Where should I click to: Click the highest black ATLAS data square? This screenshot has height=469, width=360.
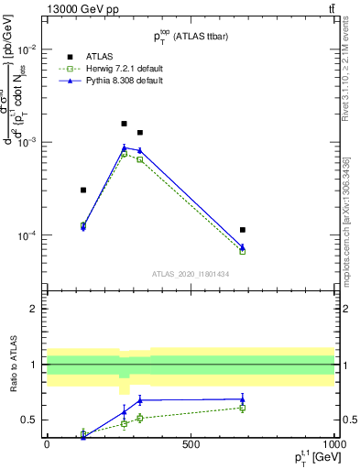point(125,124)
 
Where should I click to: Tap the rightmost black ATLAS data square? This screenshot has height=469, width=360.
point(242,230)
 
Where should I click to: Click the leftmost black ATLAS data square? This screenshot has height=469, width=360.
point(83,191)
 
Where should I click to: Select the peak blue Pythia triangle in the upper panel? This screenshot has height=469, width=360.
point(125,147)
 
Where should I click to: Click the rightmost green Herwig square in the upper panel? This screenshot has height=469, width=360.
point(242,251)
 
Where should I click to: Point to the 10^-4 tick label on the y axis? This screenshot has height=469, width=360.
point(27,235)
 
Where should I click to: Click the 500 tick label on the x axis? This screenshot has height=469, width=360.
point(190,444)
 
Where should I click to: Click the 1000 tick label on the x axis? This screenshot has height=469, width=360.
point(333,444)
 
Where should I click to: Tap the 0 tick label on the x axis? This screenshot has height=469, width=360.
point(47,444)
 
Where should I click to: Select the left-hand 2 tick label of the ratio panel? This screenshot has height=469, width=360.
point(34,309)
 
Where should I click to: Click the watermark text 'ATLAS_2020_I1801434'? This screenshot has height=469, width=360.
point(190,274)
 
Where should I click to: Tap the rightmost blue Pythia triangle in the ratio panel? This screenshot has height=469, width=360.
point(242,399)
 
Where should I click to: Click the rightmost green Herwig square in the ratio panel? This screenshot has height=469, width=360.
point(242,408)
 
